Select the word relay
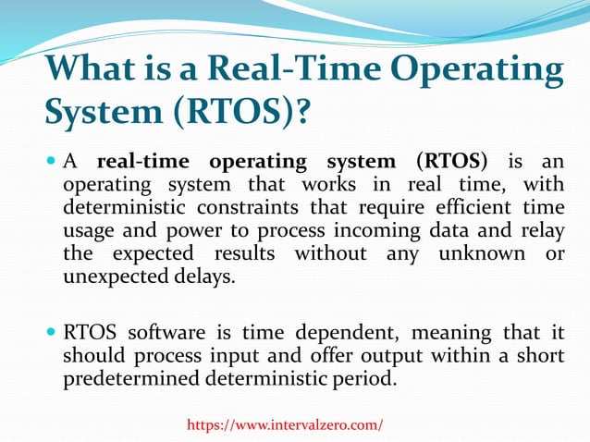(543, 229)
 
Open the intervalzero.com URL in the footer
(285, 424)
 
